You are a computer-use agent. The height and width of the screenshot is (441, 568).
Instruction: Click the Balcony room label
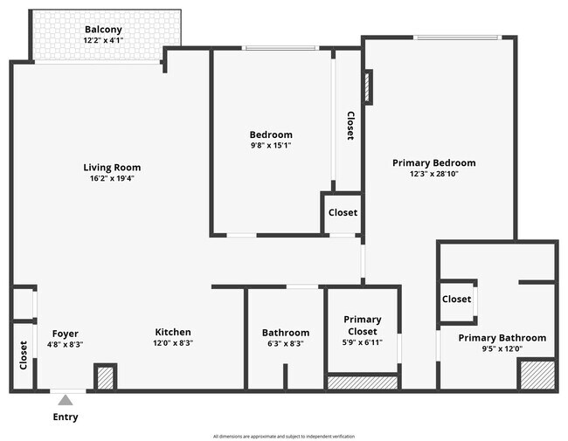[x=103, y=30]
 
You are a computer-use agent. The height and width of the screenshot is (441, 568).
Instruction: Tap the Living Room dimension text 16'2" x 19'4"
[x=111, y=178]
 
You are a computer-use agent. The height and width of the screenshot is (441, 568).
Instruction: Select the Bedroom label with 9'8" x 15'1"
[x=271, y=134]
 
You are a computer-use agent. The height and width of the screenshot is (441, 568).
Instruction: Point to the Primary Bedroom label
[x=433, y=162]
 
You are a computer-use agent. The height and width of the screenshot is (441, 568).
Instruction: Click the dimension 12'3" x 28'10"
[x=433, y=174]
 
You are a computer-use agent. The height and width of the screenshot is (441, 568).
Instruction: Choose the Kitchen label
[x=173, y=332]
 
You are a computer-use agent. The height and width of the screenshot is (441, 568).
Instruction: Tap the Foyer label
[x=66, y=333]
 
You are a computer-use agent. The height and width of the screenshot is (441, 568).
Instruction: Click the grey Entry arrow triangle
[x=66, y=400]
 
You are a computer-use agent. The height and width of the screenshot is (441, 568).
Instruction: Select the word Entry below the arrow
[x=66, y=417]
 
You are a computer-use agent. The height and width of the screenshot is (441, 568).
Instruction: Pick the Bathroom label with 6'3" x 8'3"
[x=286, y=333]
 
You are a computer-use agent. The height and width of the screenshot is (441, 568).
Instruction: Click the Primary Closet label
[x=361, y=326]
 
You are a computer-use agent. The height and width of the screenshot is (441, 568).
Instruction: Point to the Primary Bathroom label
[x=502, y=338]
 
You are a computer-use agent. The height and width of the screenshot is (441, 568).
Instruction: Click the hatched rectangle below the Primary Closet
[x=362, y=382]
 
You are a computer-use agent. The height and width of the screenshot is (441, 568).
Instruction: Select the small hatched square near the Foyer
[x=105, y=377]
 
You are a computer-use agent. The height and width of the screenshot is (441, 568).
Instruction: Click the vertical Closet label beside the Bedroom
[x=350, y=126]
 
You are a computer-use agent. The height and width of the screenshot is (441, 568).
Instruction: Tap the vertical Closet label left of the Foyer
[x=23, y=355]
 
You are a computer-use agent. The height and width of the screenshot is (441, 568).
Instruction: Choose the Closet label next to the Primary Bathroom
[x=456, y=299]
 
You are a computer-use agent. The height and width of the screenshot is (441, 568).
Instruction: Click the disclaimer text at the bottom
[x=284, y=436]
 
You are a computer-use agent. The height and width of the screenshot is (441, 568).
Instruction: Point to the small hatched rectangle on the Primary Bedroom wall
[x=368, y=87]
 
